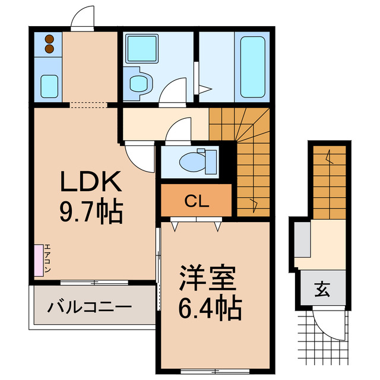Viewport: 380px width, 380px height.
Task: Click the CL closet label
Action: click(x=197, y=201)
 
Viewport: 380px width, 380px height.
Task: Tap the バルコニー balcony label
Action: click(x=90, y=308)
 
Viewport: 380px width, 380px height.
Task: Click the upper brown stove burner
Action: click(x=49, y=40)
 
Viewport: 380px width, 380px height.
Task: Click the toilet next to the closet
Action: click(x=195, y=161)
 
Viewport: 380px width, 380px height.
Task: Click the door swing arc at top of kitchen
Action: click(x=82, y=21)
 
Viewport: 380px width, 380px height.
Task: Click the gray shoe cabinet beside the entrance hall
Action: click(x=301, y=238)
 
